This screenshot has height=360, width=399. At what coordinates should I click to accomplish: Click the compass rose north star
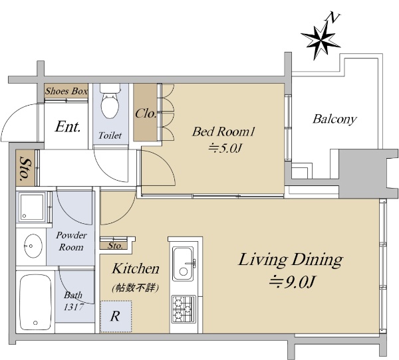tap(321, 40)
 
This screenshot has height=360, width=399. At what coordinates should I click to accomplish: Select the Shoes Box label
tap(66, 91)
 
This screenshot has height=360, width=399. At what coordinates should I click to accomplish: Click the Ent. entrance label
tap(68, 126)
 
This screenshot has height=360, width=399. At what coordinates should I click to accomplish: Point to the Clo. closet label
tap(146, 114)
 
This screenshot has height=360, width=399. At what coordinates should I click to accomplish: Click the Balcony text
tap(334, 119)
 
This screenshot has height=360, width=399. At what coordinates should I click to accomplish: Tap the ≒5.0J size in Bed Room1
tap(225, 148)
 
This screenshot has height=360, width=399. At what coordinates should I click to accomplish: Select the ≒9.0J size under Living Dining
tap(293, 282)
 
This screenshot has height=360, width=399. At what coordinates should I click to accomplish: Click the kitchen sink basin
tap(183, 263)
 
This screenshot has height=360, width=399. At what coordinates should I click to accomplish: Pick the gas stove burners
tap(184, 309)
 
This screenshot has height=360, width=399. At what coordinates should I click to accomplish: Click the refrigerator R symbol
tap(115, 316)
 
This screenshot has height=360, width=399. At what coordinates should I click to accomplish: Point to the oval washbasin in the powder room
tap(33, 246)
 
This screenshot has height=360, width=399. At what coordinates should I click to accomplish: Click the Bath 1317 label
tap(73, 301)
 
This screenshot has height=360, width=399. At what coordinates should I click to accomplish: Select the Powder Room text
tap(72, 241)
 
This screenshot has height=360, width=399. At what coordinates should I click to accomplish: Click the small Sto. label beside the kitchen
tap(115, 246)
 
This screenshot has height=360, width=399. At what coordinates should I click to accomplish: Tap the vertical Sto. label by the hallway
tap(25, 168)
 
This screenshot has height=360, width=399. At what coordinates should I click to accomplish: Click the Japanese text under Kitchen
tap(136, 288)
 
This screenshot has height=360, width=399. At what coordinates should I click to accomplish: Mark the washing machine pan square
tap(32, 207)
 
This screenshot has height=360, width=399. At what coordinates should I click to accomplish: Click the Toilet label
tap(110, 135)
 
